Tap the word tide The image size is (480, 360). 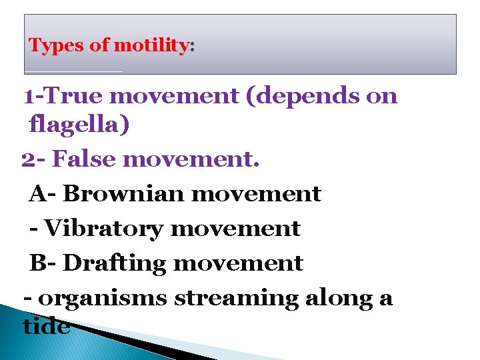[x=46, y=326]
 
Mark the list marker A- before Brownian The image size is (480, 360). [x=43, y=194]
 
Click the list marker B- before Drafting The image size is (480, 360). [x=43, y=263]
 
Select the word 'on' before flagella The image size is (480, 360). [x=382, y=97]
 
